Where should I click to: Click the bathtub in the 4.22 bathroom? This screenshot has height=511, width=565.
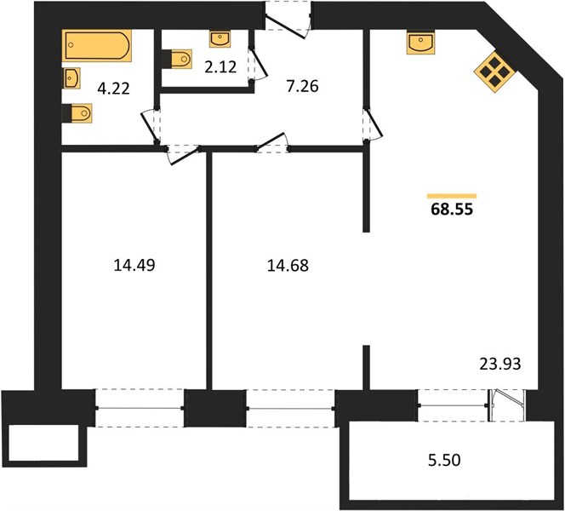click(x=96, y=45)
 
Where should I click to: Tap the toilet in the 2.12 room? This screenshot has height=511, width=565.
click(x=176, y=59)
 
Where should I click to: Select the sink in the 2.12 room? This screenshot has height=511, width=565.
click(x=220, y=39)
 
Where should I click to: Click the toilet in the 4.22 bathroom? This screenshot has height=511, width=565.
click(x=77, y=113)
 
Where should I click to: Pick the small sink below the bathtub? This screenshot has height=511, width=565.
click(x=71, y=78)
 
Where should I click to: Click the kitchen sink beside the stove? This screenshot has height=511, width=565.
click(x=421, y=43)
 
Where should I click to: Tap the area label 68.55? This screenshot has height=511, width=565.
click(x=452, y=210)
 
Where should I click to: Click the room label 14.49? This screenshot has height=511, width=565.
click(x=134, y=266)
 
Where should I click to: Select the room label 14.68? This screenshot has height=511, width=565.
click(x=288, y=266)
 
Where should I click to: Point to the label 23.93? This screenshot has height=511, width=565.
click(x=500, y=364)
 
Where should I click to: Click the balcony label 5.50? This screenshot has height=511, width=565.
click(x=444, y=461)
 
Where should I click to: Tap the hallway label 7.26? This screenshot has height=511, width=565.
click(x=303, y=87)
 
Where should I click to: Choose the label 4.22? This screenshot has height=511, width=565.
click(x=113, y=89)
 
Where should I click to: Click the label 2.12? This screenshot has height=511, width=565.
click(x=220, y=67)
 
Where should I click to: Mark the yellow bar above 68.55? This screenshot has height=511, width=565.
click(x=452, y=196)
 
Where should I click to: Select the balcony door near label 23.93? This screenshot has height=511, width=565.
click(x=507, y=405)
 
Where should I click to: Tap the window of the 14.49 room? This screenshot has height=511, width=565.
click(x=140, y=408)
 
